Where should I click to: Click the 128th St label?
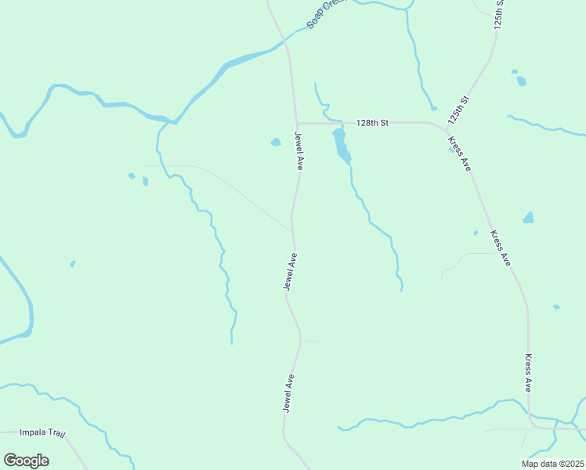coord(372,123)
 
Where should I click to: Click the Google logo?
coord(26,461)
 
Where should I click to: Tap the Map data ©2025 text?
coord(552,464)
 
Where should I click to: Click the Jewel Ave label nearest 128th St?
coord(299,151)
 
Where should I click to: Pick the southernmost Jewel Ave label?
coord(289,393)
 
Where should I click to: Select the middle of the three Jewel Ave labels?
coord(290,273)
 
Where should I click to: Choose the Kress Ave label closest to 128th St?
coord(459,154)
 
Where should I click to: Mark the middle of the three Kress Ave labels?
coord(501,248)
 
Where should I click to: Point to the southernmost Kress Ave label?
coord(529,372)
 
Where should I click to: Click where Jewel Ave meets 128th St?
coord(297,123)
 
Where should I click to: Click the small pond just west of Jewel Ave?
coord(276,142)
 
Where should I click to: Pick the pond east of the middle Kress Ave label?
coord(529,218)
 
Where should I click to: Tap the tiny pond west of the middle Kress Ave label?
coord(476,233)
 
